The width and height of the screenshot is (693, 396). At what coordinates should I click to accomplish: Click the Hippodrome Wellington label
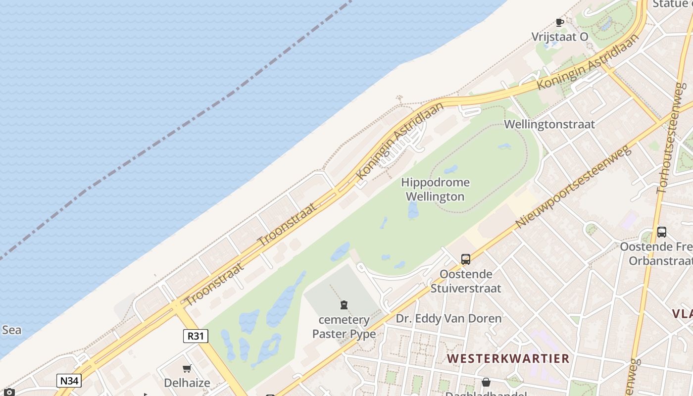click(x=435, y=190)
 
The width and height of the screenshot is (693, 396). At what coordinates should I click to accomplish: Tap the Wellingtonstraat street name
click(x=549, y=124)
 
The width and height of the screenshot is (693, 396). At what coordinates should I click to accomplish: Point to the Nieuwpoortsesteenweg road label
click(x=573, y=187)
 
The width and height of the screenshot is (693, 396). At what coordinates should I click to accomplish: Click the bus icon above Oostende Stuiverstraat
click(x=466, y=259)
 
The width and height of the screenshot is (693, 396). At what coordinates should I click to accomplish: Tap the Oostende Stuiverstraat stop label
click(x=466, y=281)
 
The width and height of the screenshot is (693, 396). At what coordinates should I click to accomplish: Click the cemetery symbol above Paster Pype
click(x=344, y=304)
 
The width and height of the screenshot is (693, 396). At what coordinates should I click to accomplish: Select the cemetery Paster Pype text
click(x=344, y=327)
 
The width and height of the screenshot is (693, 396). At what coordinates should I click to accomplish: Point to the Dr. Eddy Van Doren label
click(x=448, y=318)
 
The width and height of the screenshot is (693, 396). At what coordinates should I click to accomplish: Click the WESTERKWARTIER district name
click(x=508, y=358)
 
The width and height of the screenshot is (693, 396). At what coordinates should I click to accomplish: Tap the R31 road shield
click(x=196, y=336)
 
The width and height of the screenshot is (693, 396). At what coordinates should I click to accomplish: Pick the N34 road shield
click(x=69, y=381)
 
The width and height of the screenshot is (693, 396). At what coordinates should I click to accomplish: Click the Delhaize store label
click(x=187, y=383)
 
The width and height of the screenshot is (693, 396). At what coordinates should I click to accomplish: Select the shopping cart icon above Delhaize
click(x=187, y=368)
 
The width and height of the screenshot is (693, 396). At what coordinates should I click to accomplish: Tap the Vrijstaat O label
click(x=560, y=37)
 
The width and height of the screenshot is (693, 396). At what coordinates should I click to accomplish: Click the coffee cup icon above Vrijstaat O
click(x=560, y=22)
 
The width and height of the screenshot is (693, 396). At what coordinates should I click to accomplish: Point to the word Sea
click(x=11, y=330)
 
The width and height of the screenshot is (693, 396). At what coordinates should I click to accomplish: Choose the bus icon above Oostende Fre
click(x=661, y=232)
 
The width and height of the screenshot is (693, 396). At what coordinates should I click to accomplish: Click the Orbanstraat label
click(x=660, y=260)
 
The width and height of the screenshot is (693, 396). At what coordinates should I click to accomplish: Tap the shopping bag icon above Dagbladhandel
click(x=486, y=382)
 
